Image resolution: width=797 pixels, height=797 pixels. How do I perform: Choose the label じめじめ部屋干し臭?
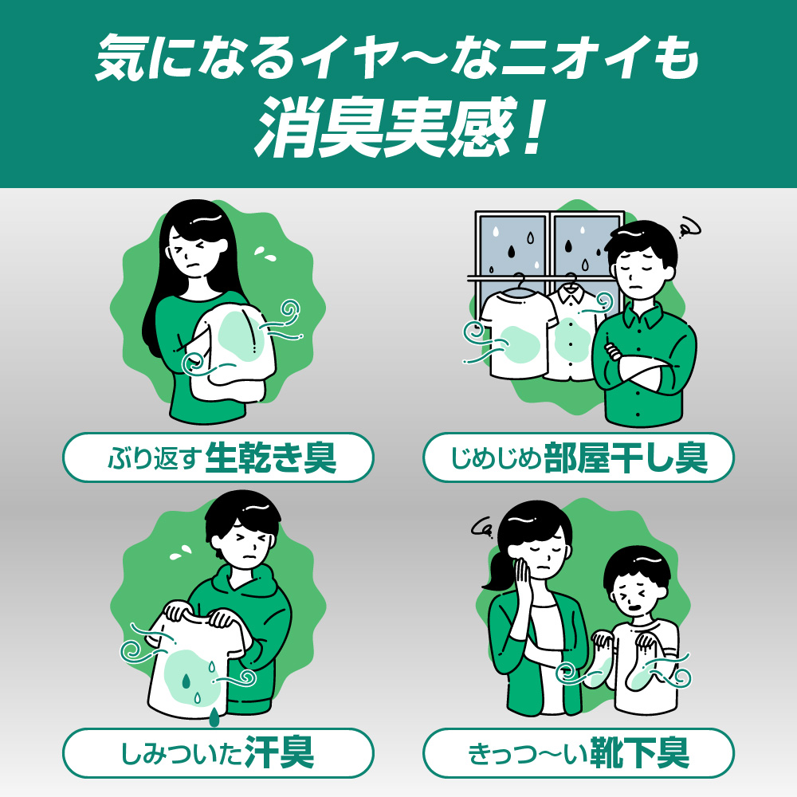coord(579,457)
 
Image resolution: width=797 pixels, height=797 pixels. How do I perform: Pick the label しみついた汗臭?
coord(218,753)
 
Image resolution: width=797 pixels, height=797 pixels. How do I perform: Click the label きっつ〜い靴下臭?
coord(579,753)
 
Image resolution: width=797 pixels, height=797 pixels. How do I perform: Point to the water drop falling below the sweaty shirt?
coord(214,716)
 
